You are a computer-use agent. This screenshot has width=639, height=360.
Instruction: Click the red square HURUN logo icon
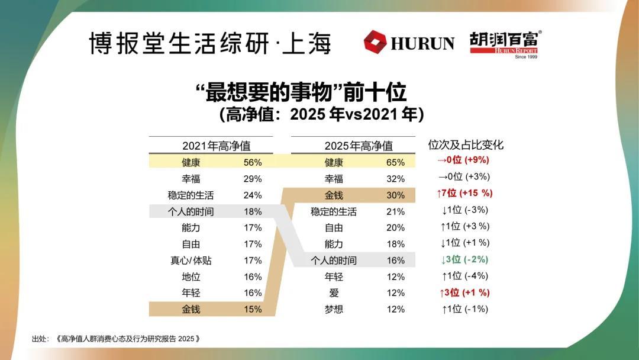tap(375, 43)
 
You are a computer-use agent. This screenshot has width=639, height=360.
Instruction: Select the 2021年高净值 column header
tap(216, 145)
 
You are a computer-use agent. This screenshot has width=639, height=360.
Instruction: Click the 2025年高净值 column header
tap(359, 145)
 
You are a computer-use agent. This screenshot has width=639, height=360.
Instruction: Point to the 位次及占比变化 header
tap(466, 145)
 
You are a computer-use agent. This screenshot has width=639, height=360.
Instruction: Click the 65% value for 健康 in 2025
tap(396, 162)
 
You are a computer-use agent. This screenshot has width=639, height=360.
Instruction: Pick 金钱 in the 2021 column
tap(191, 309)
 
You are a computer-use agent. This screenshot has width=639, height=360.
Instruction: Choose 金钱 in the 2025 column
tap(334, 195)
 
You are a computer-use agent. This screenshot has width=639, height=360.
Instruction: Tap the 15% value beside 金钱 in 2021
tap(253, 309)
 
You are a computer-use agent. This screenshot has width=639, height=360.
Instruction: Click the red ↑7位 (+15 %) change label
tap(464, 193)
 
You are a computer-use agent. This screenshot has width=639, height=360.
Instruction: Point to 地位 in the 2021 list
tap(191, 277)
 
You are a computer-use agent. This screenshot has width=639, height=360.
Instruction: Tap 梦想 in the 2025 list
tap(334, 309)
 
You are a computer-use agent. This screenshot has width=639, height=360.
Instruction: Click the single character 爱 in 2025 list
tap(334, 293)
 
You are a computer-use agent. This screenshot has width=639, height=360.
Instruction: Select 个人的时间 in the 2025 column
tap(334, 260)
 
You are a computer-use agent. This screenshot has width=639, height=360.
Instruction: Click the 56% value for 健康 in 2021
tap(253, 162)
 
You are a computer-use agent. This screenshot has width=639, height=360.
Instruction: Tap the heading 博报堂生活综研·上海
tap(210, 43)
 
